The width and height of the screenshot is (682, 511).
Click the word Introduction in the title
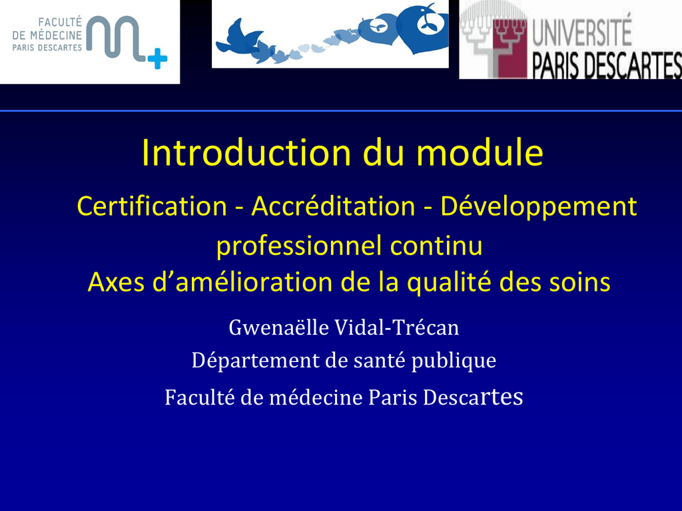(246, 152)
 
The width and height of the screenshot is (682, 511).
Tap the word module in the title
(480, 152)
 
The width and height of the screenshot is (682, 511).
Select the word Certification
(152, 206)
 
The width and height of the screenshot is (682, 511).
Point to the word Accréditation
(333, 206)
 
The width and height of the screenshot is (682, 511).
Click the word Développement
(538, 207)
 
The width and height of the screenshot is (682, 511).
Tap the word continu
(436, 246)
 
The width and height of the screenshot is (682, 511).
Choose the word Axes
(117, 282)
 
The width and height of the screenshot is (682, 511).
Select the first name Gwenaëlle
(279, 327)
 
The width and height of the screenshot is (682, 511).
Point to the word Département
(256, 361)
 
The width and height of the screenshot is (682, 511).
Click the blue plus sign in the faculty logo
(157, 59)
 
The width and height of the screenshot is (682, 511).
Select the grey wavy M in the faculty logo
(115, 37)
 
